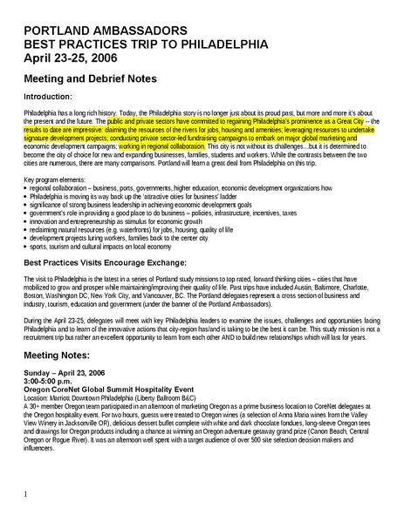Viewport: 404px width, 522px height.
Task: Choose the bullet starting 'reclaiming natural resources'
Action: pos(131,227)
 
